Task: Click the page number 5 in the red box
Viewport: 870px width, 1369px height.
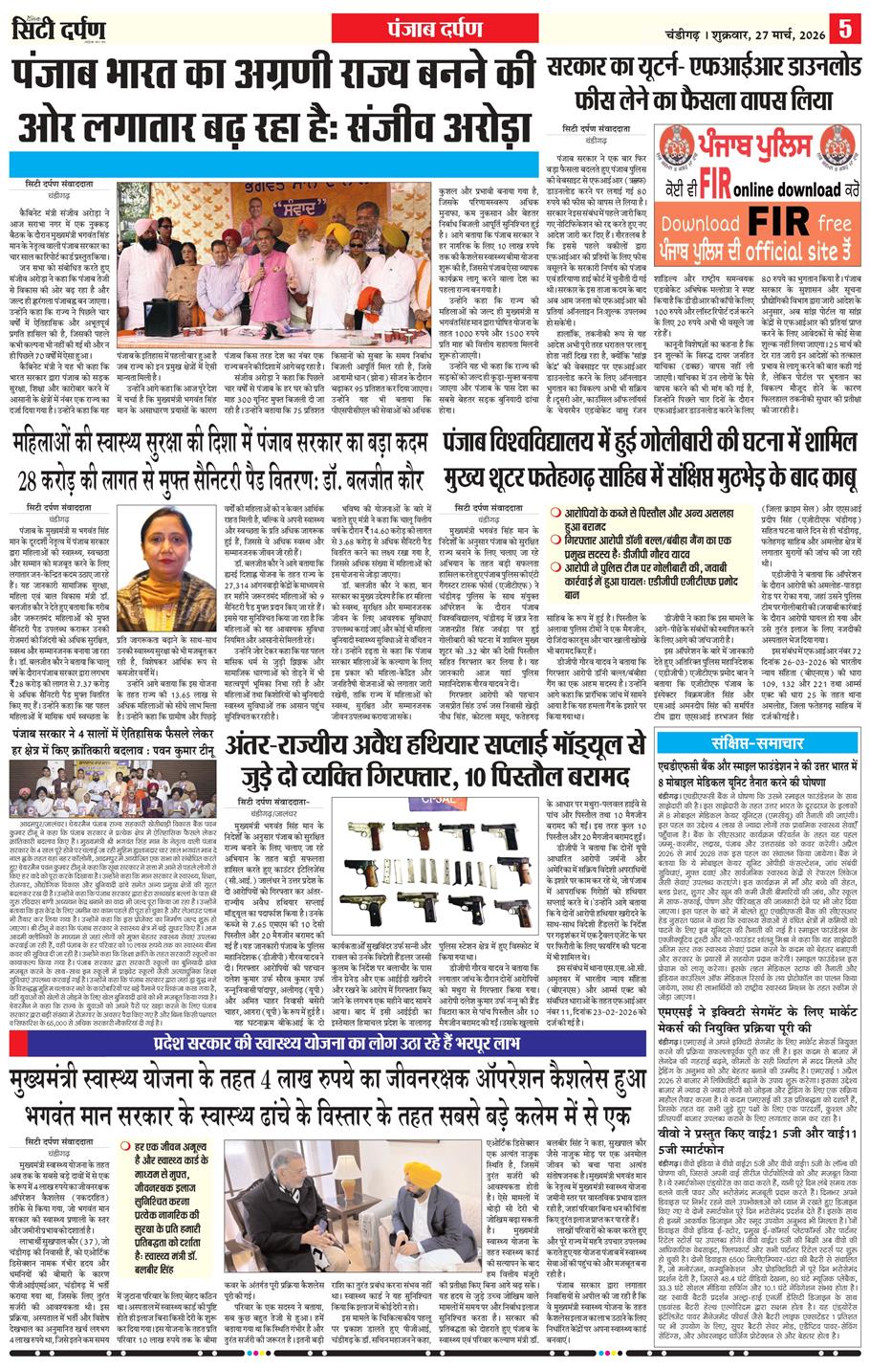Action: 844,27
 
